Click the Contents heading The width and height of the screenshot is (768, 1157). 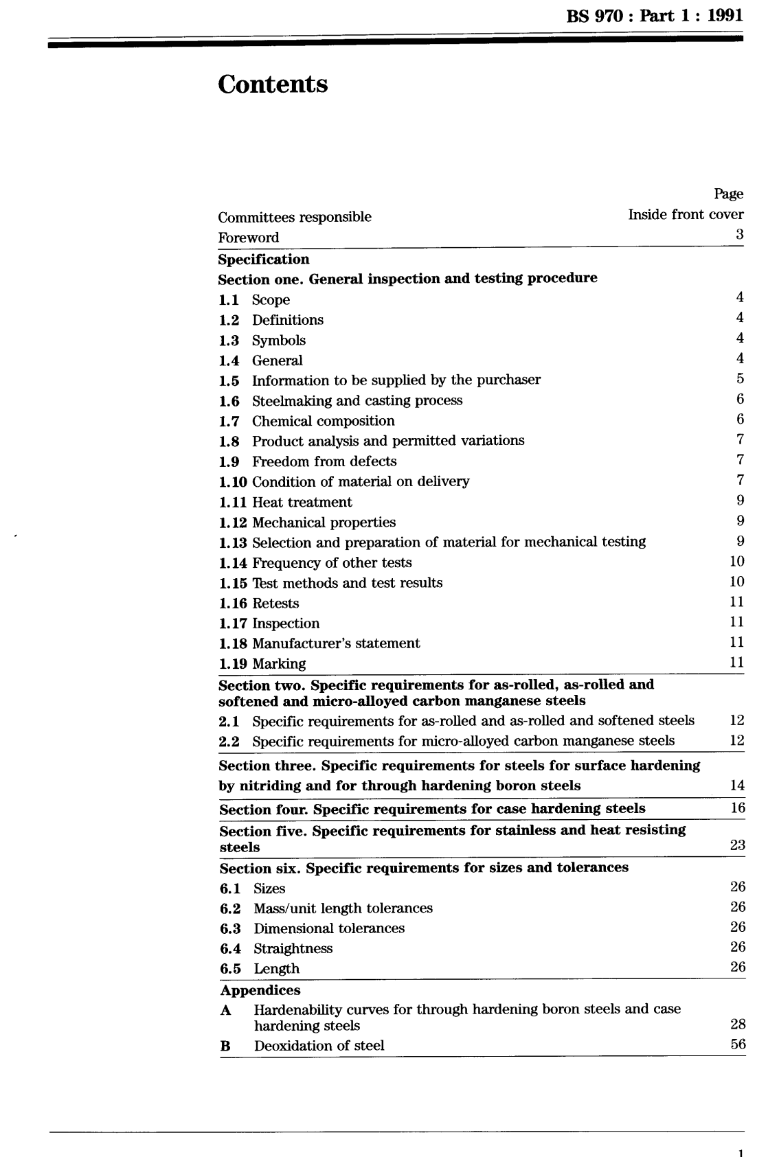pos(273,84)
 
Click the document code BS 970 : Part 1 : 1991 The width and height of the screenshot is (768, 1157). pos(655,16)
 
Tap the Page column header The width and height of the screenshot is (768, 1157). pos(728,194)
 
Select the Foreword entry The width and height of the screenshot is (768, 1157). pos(249,238)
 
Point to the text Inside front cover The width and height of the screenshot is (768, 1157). pos(686,214)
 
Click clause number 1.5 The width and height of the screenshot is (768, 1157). pos(229,380)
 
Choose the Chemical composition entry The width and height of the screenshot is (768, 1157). pos(323,421)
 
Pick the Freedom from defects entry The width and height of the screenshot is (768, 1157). pos(324,461)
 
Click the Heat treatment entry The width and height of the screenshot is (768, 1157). pos(302,502)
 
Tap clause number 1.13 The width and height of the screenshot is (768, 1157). pos(233,542)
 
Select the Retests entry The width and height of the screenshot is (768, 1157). pos(275,604)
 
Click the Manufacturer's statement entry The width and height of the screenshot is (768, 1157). pos(336,643)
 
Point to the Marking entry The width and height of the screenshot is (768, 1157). pos(279,664)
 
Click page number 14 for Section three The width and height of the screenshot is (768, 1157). pos(737,786)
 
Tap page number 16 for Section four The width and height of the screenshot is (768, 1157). pos(737,808)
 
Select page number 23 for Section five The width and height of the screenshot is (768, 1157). pos(737,845)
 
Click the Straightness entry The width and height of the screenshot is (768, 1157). pos(293,948)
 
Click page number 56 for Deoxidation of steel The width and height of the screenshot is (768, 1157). pos(738,1045)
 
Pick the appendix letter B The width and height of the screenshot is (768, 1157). pos(225,1046)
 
